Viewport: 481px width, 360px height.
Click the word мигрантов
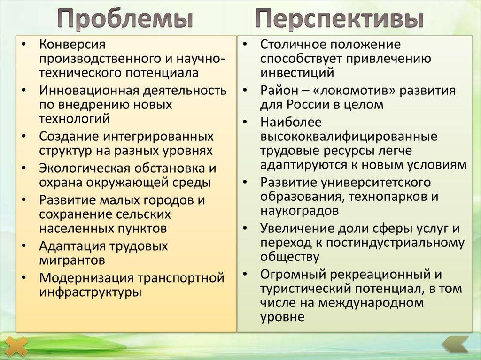pos(72,260)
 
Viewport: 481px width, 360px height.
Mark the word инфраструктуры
pos(90,292)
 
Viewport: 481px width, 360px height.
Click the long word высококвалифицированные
pos(349,137)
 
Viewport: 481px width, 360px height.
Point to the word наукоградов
pos(299,211)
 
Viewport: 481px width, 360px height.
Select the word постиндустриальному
pos(394,243)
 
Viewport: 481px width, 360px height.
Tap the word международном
pos(371,303)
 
